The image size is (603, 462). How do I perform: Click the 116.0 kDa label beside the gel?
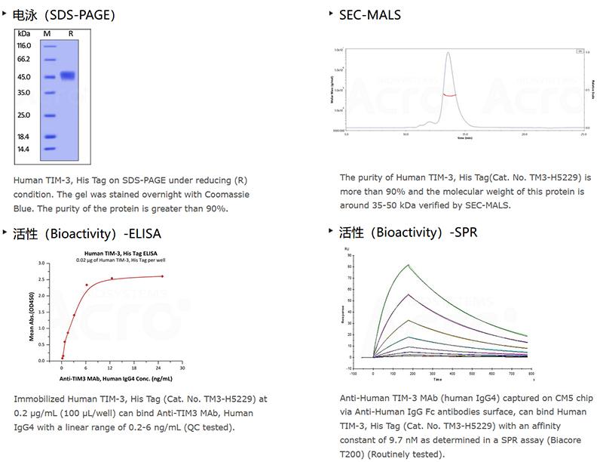(23, 46)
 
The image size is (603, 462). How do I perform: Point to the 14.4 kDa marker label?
(23, 149)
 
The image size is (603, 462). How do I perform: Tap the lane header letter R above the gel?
(70, 34)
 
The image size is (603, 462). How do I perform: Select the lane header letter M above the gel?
(47, 34)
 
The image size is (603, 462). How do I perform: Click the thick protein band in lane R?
(68, 75)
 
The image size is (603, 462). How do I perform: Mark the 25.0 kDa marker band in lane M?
(50, 115)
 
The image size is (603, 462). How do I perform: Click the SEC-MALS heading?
(370, 14)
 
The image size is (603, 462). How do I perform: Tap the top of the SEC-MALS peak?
(448, 53)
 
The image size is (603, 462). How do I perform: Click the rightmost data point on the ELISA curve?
(163, 276)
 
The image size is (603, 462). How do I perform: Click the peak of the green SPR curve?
(408, 264)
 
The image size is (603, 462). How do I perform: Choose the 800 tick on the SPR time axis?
(531, 373)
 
